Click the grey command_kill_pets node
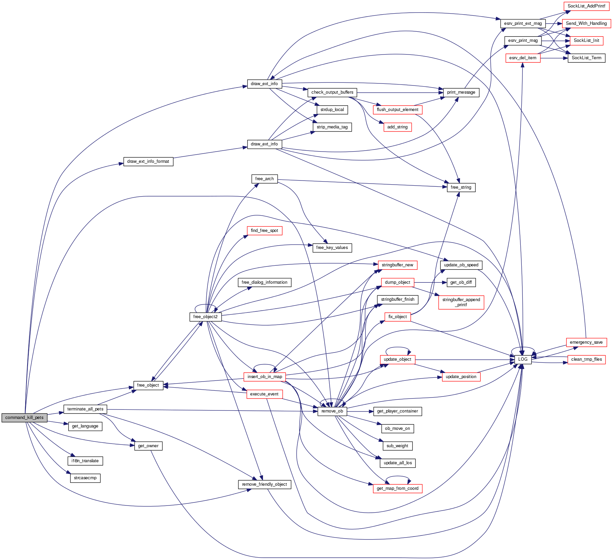(24, 418)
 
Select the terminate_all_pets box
(85, 409)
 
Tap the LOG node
(523, 359)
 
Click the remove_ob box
(332, 411)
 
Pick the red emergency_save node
(586, 342)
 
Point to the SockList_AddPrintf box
(586, 6)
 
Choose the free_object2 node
(205, 317)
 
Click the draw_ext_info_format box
(148, 161)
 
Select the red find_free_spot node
(264, 231)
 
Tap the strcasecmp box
(85, 478)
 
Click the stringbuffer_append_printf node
(461, 302)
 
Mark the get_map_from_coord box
(397, 488)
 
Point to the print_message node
(461, 92)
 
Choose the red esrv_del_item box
(523, 58)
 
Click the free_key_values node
(332, 248)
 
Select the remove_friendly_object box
(264, 484)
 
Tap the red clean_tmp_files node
(586, 359)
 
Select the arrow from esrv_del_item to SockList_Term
(554, 58)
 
